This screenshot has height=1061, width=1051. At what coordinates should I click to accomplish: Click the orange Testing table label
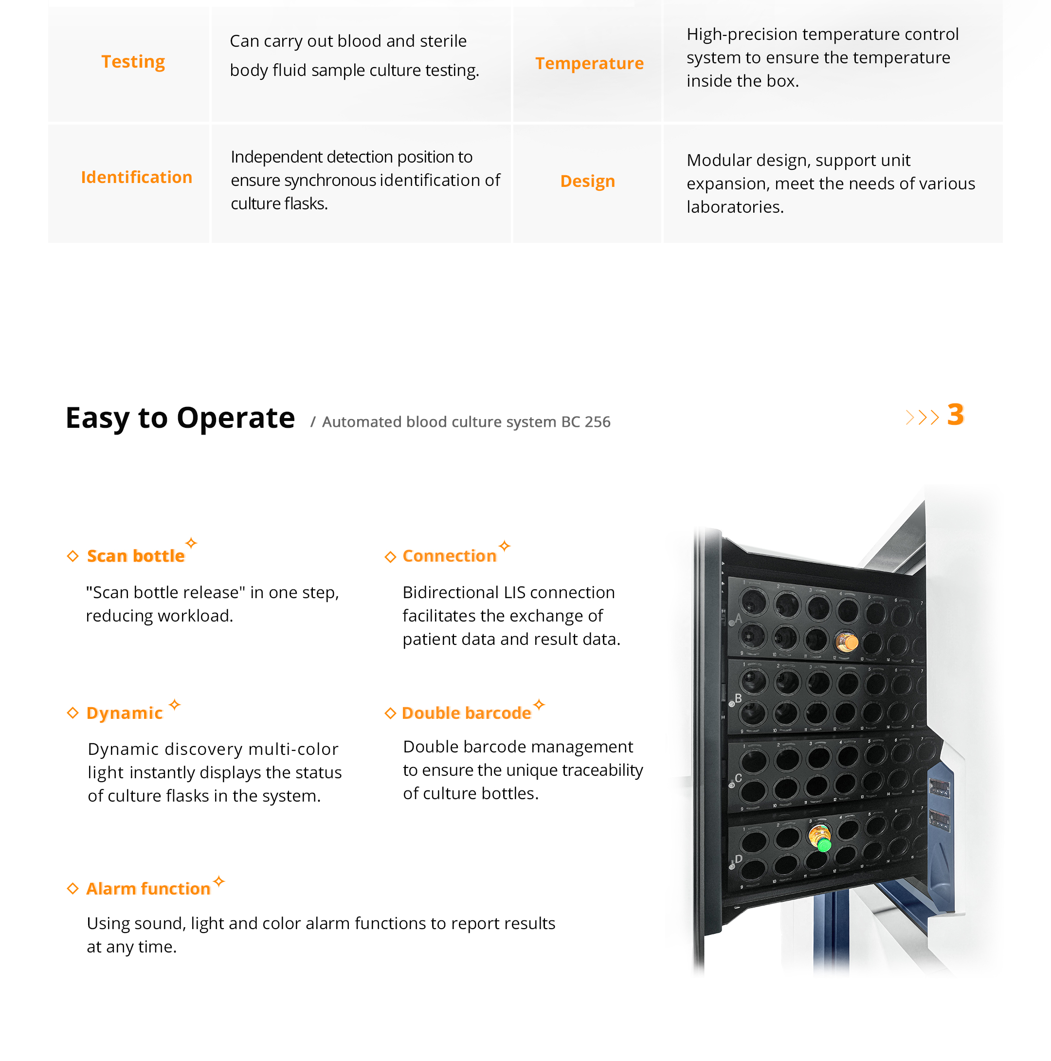[133, 61]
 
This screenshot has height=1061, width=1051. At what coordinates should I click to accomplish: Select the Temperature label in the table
[589, 63]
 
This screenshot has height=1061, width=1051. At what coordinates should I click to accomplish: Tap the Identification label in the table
[136, 177]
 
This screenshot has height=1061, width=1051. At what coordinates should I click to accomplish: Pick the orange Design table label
[587, 181]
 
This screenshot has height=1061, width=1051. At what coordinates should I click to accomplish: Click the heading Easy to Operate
[180, 418]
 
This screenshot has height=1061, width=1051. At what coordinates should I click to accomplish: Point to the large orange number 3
[955, 415]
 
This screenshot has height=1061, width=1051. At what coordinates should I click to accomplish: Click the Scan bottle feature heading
[136, 556]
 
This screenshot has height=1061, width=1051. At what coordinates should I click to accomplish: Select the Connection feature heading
[449, 556]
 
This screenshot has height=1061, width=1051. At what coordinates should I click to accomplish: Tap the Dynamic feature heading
[124, 713]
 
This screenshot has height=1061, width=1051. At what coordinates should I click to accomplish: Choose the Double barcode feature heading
[466, 713]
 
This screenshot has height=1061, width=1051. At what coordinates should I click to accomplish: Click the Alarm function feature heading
[148, 889]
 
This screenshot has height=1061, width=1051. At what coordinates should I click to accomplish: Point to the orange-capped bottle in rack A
[847, 641]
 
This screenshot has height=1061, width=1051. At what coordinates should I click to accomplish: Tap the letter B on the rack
[738, 698]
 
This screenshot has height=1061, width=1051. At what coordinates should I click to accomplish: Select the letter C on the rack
[738, 778]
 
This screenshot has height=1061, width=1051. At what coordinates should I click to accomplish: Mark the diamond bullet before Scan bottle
[72, 556]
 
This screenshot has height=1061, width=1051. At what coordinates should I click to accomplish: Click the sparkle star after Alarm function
[219, 881]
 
